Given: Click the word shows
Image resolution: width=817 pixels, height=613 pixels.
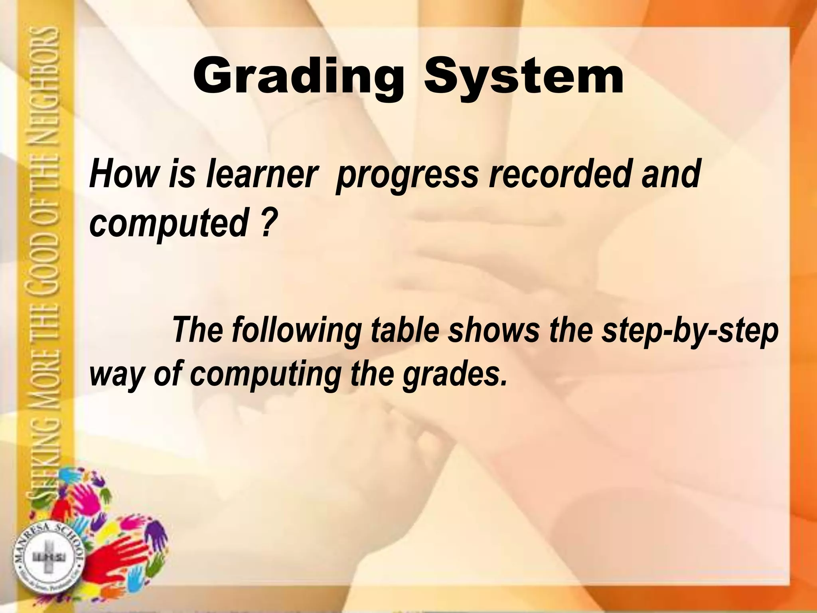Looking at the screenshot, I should [493, 330].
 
